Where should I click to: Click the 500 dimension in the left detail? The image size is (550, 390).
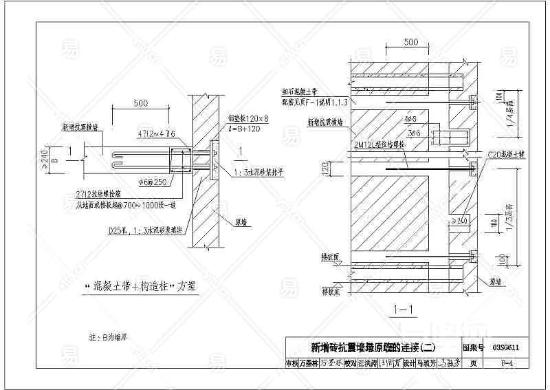pyautogui.click(x=140, y=103)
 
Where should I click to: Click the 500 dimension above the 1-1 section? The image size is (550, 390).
pyautogui.click(x=410, y=43)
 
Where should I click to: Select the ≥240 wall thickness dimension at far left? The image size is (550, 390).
pyautogui.click(x=43, y=159)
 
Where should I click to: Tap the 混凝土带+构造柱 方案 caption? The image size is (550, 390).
pyautogui.click(x=140, y=286)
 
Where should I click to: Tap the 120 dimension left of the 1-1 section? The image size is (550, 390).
pyautogui.click(x=329, y=166)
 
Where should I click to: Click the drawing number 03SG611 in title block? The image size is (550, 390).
pyautogui.click(x=505, y=348)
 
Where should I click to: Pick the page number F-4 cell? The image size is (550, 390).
pyautogui.click(x=505, y=362)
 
